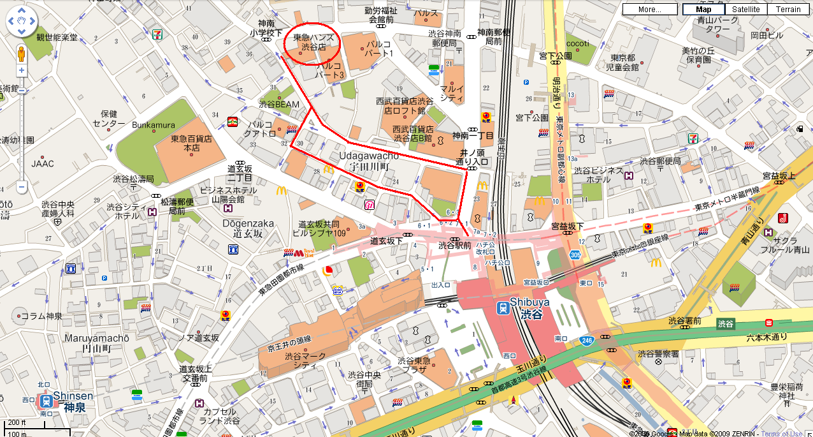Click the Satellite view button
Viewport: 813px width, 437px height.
pyautogui.click(x=745, y=10)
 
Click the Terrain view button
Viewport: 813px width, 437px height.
pyautogui.click(x=788, y=10)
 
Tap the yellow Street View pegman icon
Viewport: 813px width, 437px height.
pyautogui.click(x=21, y=52)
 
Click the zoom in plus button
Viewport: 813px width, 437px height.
pyautogui.click(x=21, y=71)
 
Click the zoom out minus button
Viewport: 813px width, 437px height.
pyautogui.click(x=21, y=187)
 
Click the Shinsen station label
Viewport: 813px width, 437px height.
pyautogui.click(x=73, y=396)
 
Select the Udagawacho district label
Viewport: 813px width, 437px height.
pyautogui.click(x=369, y=155)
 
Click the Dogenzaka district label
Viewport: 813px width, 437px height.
pyautogui.click(x=248, y=223)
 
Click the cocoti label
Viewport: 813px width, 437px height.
pyautogui.click(x=577, y=43)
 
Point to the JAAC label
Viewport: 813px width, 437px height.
pyautogui.click(x=43, y=163)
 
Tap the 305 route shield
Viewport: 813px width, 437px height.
pyautogui.click(x=575, y=255)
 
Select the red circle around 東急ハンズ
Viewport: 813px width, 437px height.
pyautogui.click(x=312, y=43)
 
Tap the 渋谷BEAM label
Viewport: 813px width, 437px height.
pyautogui.click(x=279, y=104)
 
